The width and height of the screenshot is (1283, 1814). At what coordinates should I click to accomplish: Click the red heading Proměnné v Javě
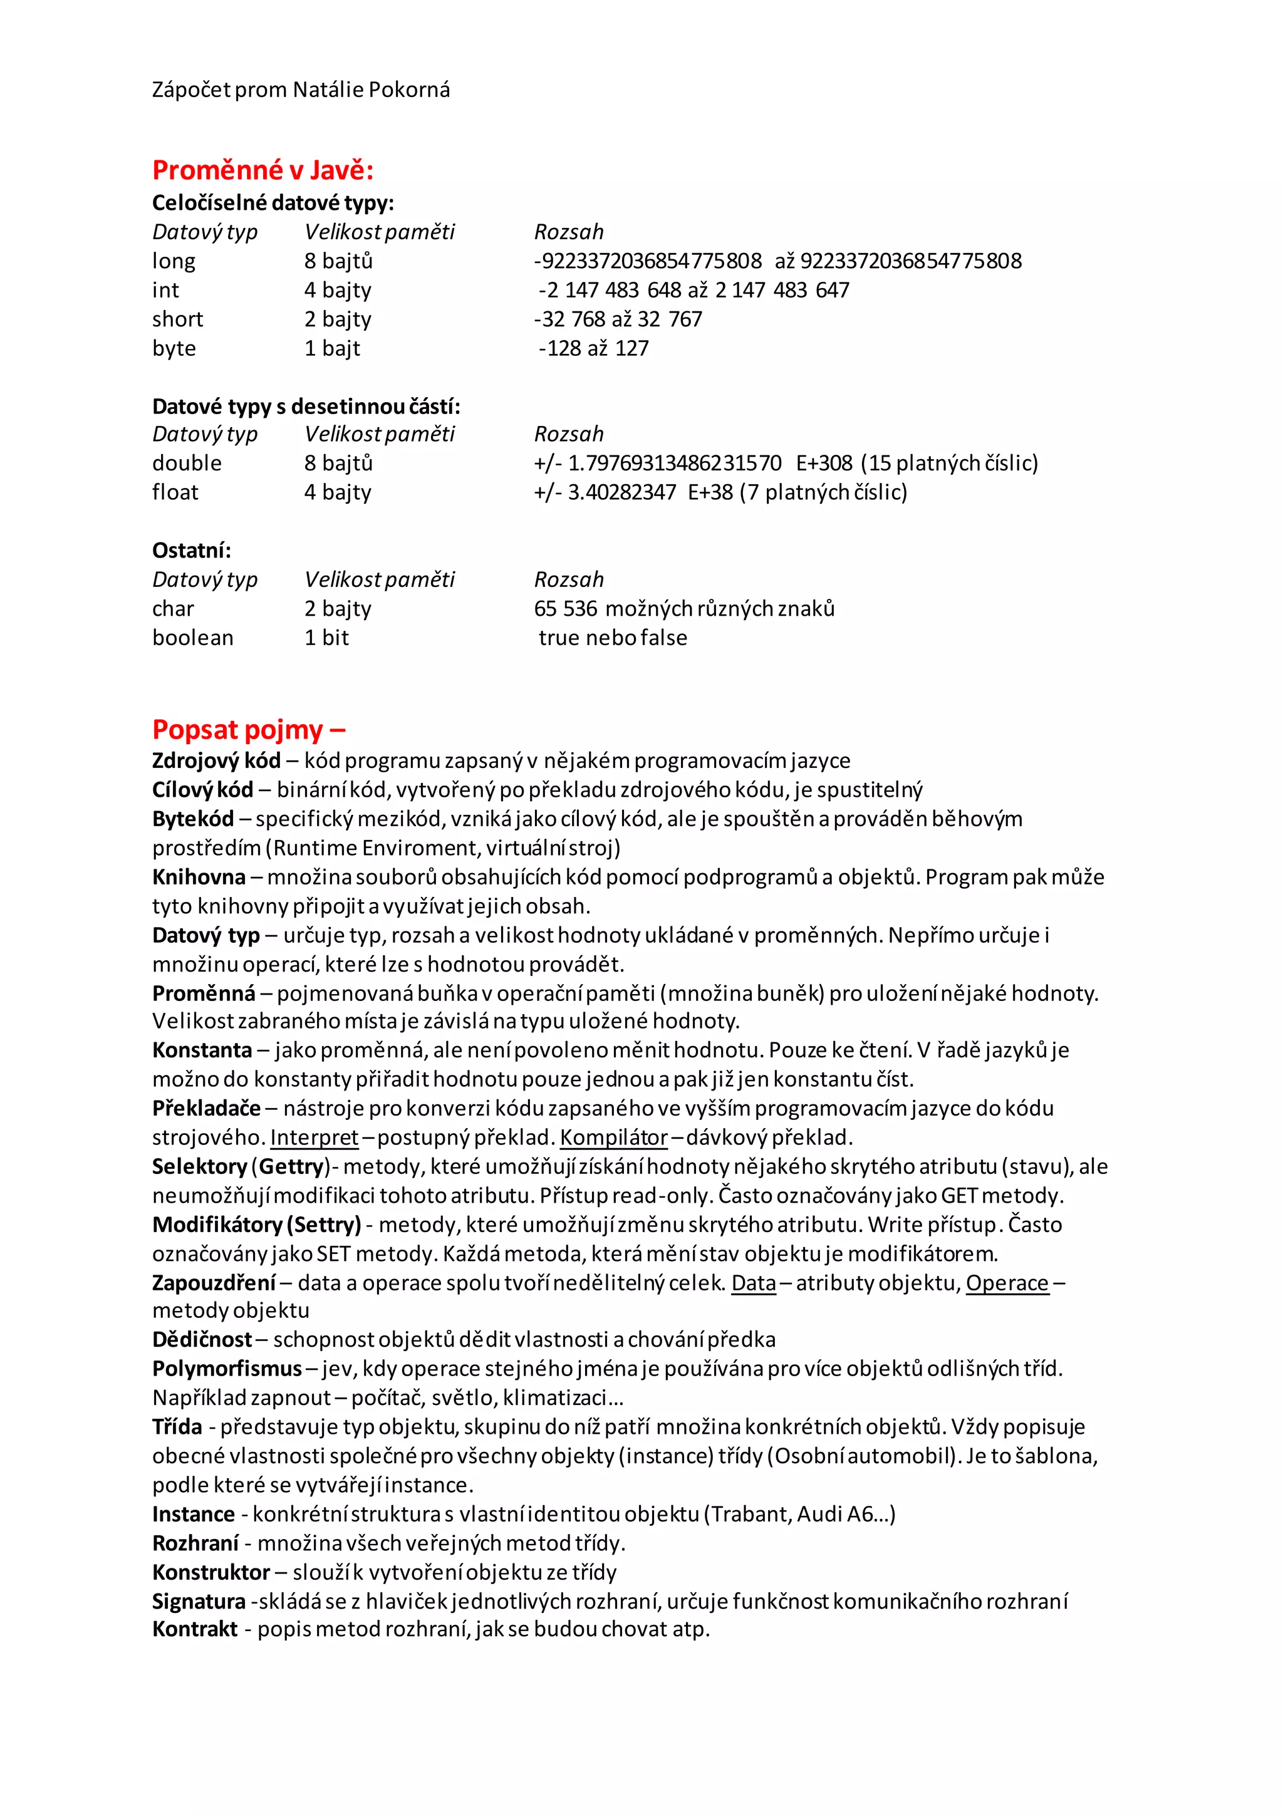262,170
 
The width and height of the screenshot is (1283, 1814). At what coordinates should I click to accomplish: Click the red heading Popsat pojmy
248,729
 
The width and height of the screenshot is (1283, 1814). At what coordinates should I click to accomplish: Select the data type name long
174,261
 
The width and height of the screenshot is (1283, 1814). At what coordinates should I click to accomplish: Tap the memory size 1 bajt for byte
332,348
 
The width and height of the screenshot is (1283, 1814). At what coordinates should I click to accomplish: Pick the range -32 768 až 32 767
618,319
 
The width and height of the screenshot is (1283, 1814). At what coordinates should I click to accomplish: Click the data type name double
187,463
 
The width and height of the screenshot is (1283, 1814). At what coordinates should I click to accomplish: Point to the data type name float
175,492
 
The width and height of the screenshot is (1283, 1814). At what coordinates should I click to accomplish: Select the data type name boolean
193,638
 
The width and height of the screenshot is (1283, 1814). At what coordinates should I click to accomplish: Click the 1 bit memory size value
326,638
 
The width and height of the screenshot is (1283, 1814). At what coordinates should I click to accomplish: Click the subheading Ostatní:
191,551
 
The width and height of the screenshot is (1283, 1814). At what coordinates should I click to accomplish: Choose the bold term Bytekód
193,819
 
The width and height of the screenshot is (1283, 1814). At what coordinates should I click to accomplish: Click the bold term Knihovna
199,877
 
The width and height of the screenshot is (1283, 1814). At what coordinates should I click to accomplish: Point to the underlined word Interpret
314,1138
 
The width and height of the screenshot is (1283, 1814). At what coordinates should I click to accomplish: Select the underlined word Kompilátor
614,1138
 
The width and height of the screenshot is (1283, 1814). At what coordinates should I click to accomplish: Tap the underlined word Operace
1007,1283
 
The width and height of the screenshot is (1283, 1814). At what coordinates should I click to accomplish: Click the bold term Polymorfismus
227,1369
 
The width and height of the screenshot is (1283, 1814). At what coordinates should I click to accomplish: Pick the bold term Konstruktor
211,1572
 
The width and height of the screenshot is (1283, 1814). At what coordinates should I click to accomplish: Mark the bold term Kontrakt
194,1629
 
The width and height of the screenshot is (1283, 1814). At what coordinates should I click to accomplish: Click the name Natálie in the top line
331,90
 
